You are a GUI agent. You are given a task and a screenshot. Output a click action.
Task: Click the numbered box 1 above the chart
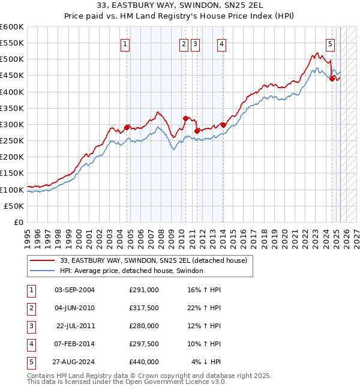[125, 43]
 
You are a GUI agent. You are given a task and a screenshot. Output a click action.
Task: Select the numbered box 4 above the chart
[221, 43]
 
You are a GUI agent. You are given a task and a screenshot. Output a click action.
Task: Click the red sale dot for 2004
[127, 127]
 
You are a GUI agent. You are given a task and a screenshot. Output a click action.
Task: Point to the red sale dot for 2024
[332, 78]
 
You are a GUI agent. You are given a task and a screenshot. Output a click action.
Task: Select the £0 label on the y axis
[19, 222]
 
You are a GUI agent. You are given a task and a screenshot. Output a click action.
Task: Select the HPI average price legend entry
[131, 271]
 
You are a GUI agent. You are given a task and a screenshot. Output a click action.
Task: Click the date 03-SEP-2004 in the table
[74, 290]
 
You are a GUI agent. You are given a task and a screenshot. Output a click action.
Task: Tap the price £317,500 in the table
[144, 308]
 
